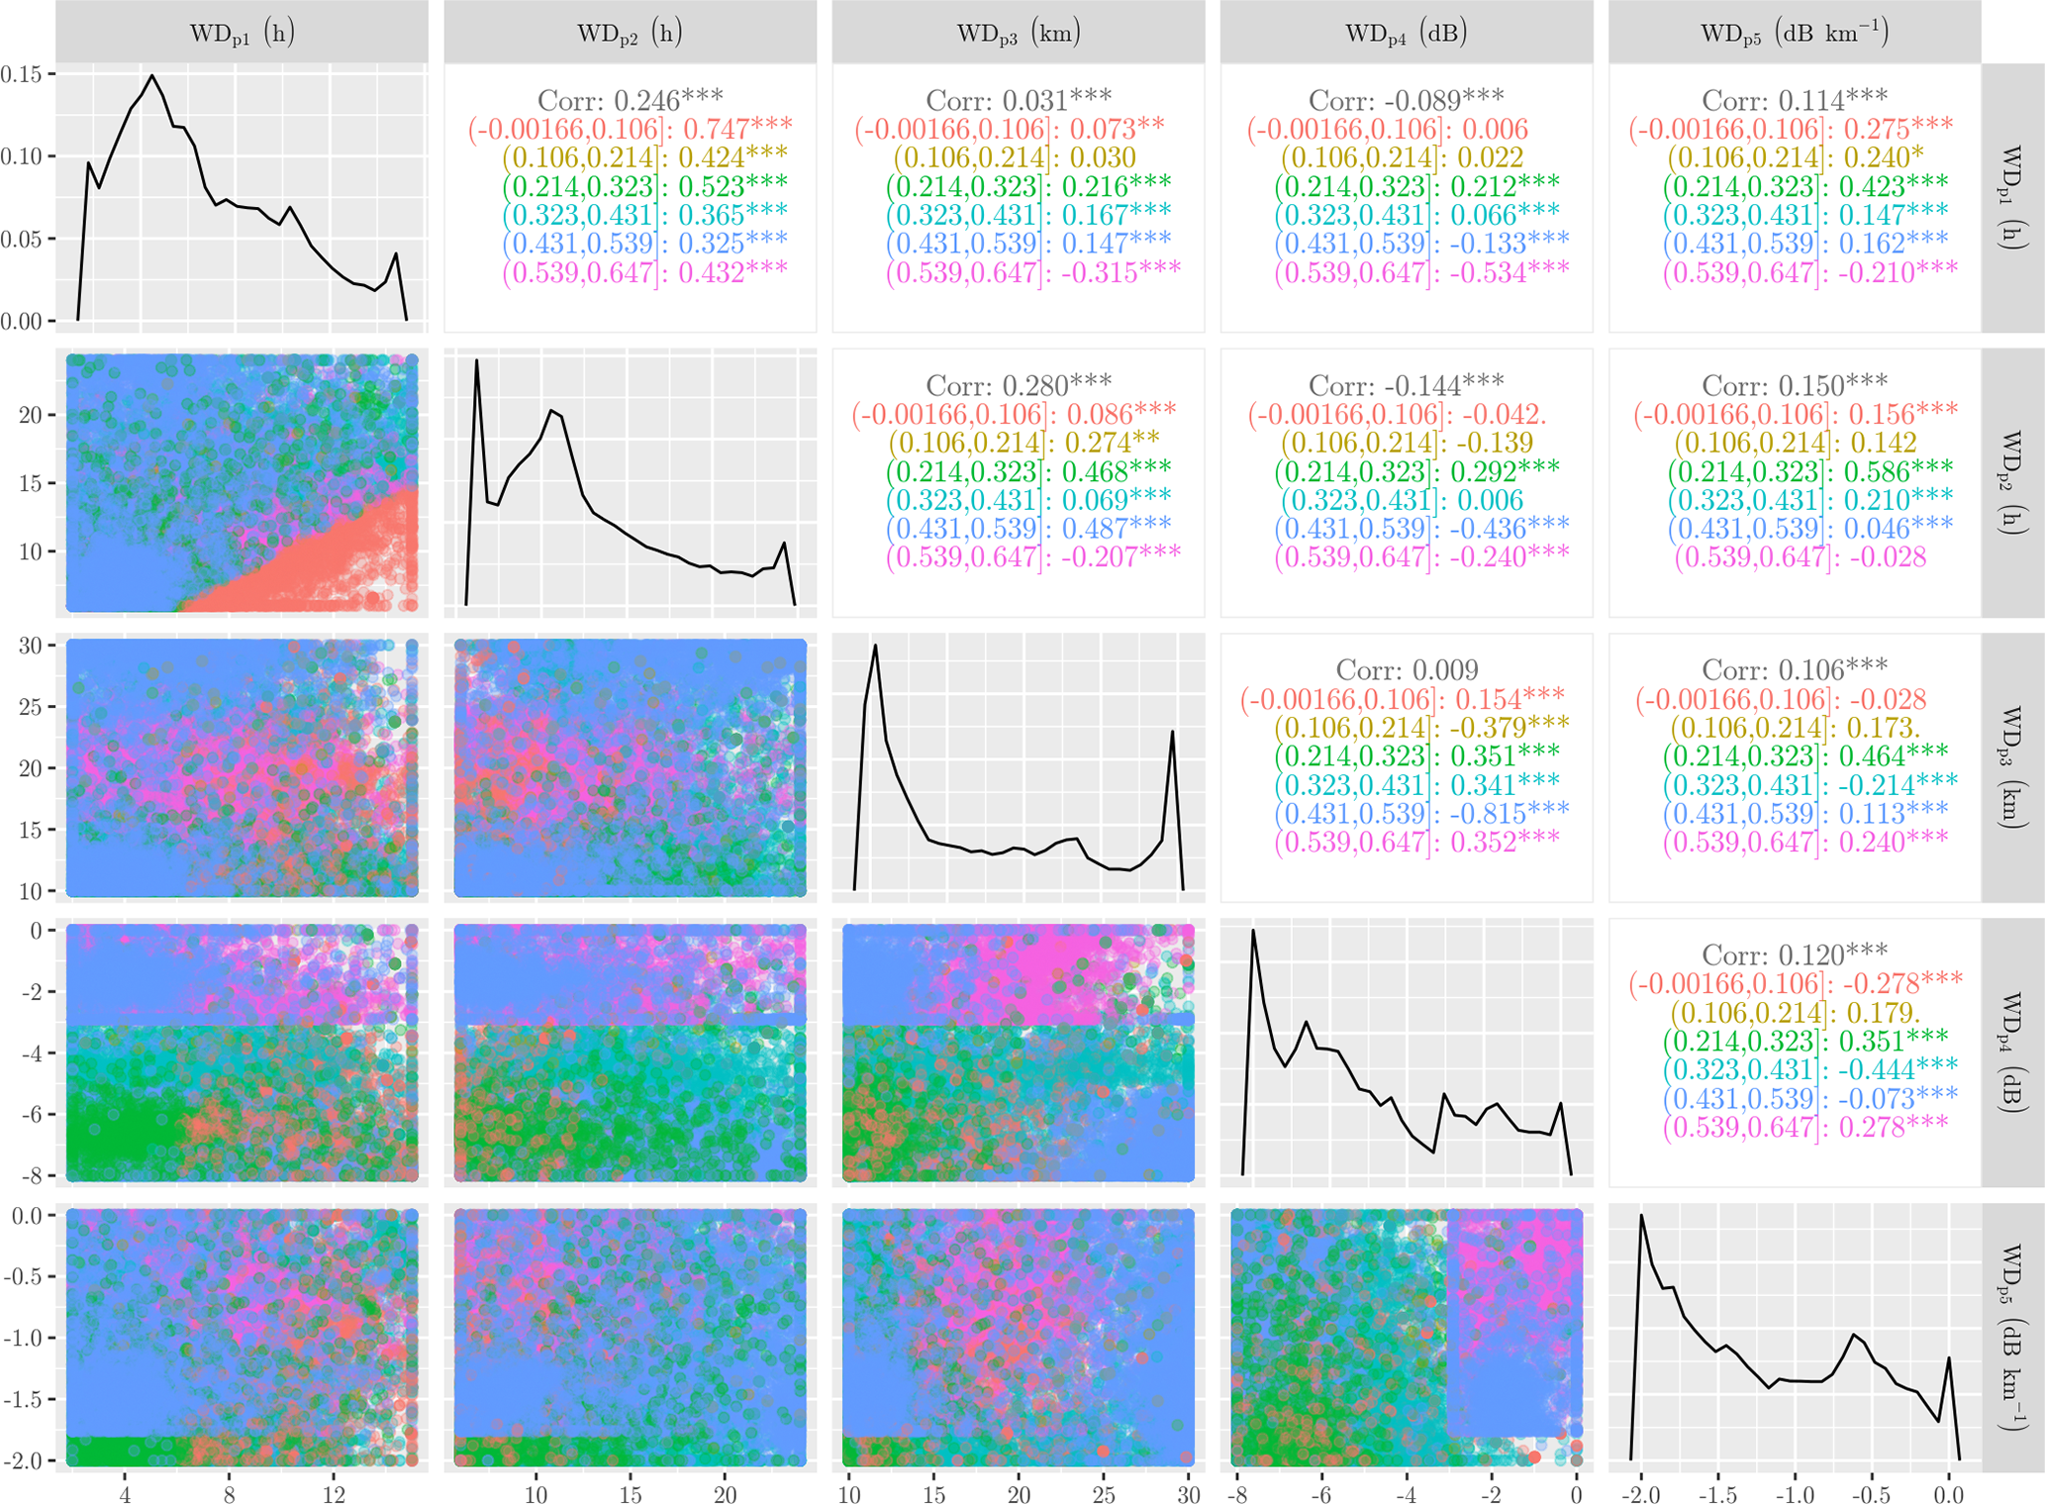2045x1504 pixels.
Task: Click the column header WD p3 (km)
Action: pos(1018,33)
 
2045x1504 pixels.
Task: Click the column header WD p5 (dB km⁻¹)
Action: pos(1794,33)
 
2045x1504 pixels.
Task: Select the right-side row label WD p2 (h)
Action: pos(2011,482)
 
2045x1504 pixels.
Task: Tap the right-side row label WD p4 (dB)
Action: pos(2011,1052)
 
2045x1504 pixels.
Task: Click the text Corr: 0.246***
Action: pos(630,100)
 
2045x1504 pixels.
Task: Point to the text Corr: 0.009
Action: pos(1406,670)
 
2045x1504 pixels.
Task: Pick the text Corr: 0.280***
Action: pos(1018,385)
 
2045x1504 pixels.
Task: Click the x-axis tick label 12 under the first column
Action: pos(334,1494)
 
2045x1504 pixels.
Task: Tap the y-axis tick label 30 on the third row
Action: pos(30,646)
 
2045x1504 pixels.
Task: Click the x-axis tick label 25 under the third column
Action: pos(1104,1494)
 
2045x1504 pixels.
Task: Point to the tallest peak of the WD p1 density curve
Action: pos(151,75)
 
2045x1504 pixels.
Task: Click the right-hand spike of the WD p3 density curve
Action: pos(1173,733)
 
